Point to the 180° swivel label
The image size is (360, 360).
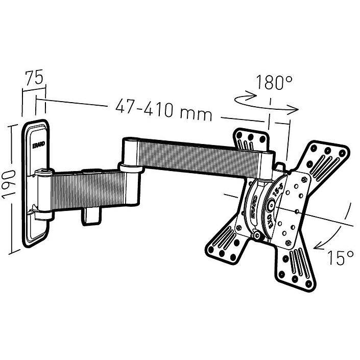[x=274, y=82]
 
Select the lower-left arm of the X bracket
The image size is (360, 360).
[x=225, y=245]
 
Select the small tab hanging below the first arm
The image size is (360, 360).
[x=91, y=214]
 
